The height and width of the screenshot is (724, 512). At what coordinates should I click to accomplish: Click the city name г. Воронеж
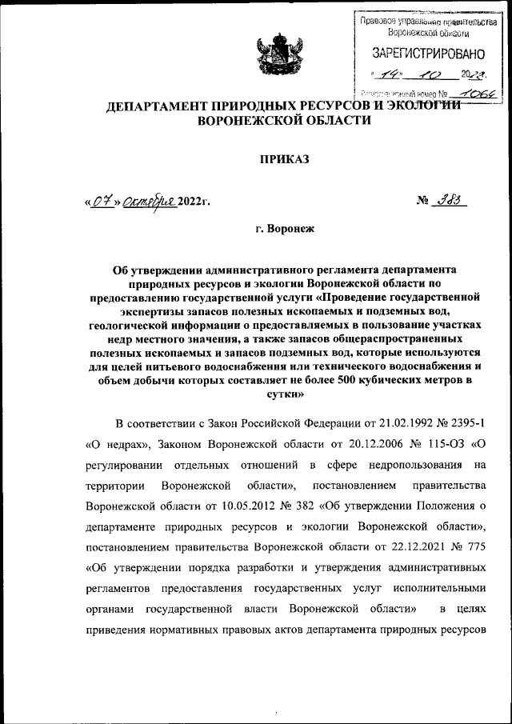pos(286,229)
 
